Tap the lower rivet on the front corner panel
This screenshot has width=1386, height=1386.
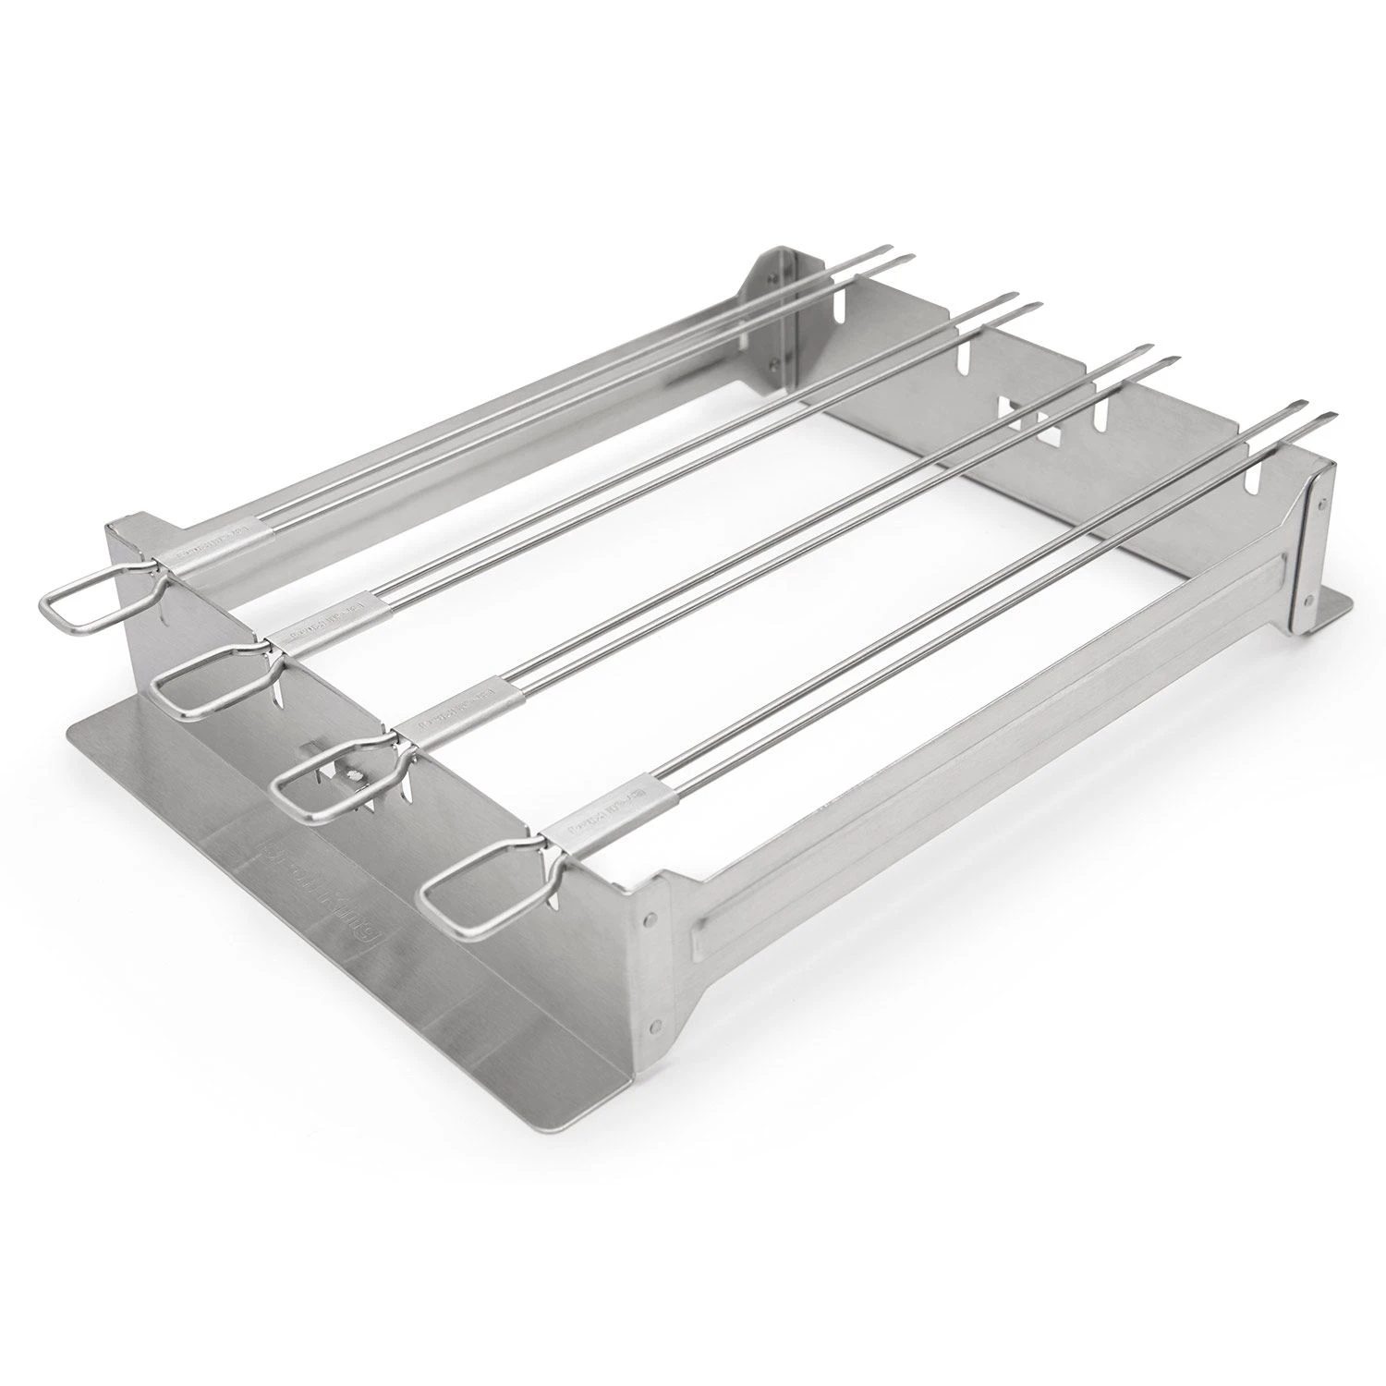point(657,1023)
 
